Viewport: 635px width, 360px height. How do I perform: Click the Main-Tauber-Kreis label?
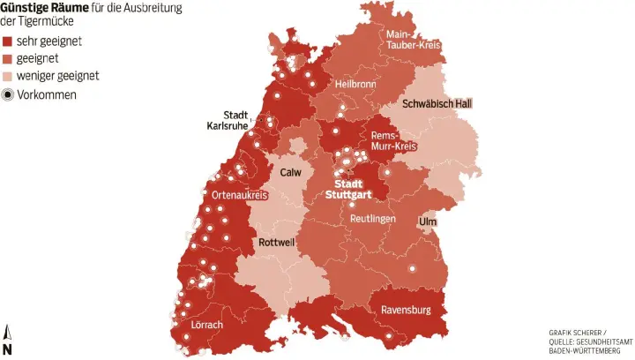click(x=413, y=40)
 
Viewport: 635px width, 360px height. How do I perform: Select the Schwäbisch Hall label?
click(x=437, y=103)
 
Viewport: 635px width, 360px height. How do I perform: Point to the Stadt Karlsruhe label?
click(x=227, y=121)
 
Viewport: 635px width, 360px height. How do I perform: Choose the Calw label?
click(x=290, y=172)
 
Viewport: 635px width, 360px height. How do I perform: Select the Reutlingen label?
click(x=372, y=218)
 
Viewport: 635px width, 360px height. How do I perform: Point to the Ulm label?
click(x=428, y=221)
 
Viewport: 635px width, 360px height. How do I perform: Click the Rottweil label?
click(x=280, y=242)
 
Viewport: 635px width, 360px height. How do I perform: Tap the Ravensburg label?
click(x=405, y=310)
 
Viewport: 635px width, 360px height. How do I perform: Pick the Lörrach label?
click(x=206, y=325)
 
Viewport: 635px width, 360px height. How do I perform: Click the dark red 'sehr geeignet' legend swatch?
click(x=8, y=41)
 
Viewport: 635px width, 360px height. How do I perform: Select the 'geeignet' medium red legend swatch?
click(x=8, y=58)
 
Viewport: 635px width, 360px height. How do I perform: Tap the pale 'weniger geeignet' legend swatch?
click(x=8, y=76)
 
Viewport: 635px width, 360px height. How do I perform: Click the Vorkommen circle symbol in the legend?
click(x=8, y=94)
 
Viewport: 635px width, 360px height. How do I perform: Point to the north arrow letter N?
click(x=7, y=349)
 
